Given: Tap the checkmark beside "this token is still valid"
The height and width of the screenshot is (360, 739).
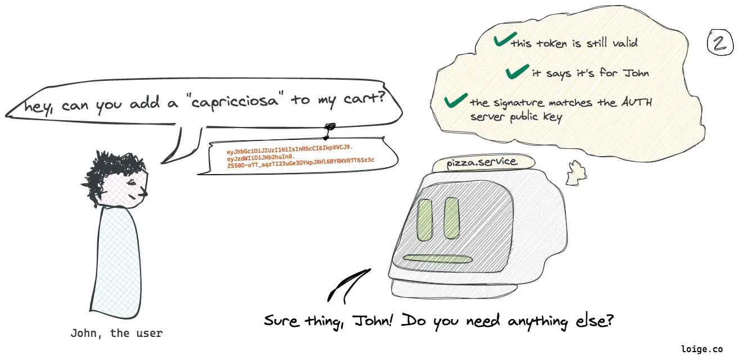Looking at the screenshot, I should click(505, 40).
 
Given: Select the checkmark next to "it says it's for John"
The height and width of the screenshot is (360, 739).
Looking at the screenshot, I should click(516, 71).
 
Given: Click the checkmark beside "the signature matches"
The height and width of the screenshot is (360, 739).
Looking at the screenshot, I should click(456, 101).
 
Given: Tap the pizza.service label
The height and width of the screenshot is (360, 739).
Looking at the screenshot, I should click(481, 163).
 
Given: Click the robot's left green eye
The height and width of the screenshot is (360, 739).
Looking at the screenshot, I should click(424, 218).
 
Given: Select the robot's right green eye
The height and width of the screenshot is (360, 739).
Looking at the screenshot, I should click(452, 217).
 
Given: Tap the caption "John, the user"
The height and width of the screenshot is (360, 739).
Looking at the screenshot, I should click(116, 333).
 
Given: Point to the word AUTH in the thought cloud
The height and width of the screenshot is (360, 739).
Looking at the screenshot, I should click(636, 103).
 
